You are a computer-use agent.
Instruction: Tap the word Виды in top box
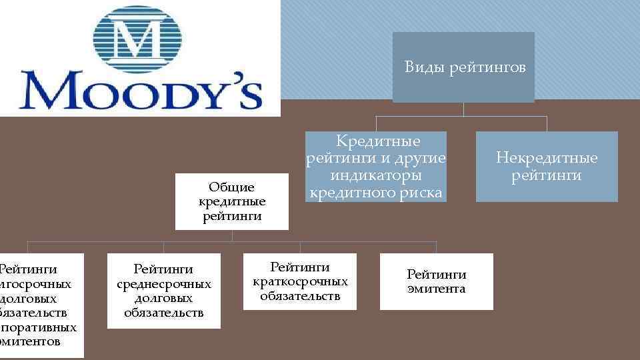(x=425, y=67)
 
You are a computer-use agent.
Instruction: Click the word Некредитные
(x=547, y=158)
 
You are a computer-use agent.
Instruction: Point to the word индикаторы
(x=376, y=175)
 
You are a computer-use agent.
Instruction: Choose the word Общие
(x=232, y=187)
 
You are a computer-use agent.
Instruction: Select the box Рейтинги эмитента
(x=437, y=281)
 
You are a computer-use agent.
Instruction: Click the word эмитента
(x=437, y=289)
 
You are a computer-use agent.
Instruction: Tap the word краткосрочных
(x=300, y=281)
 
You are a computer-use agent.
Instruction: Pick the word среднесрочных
(x=163, y=284)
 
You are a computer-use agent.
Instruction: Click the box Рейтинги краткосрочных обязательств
(x=300, y=281)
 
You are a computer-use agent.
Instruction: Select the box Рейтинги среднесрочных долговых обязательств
(x=163, y=291)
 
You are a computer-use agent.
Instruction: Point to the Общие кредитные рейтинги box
(x=232, y=201)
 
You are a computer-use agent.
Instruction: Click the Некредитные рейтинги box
(x=547, y=167)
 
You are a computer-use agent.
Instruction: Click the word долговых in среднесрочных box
(x=163, y=299)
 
